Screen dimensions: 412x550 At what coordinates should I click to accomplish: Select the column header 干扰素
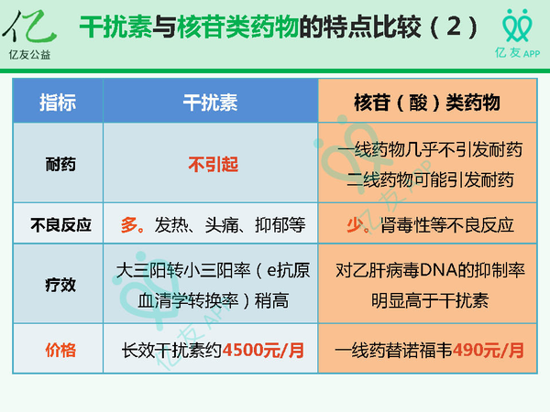pyautogui.click(x=211, y=103)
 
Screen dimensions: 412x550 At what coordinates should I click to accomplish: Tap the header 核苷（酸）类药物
pyautogui.click(x=428, y=103)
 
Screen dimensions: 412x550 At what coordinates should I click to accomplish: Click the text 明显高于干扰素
pyautogui.click(x=429, y=298)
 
